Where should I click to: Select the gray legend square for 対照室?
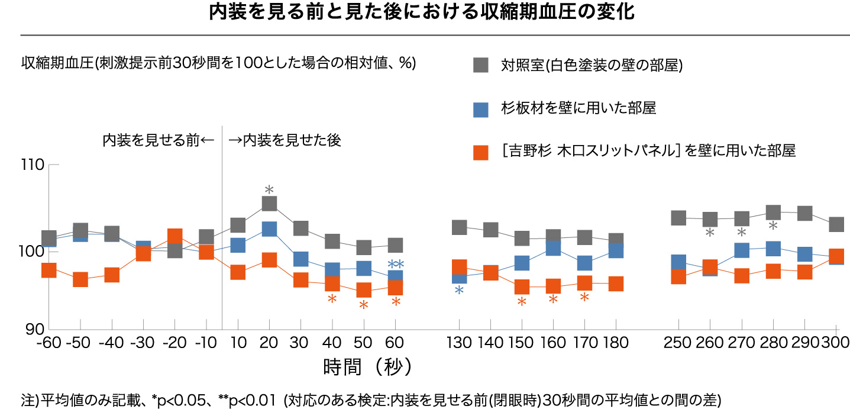click(481, 65)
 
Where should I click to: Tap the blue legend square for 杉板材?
click(481, 109)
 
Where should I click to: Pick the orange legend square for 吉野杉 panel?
click(481, 152)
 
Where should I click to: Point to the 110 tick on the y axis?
click(33, 165)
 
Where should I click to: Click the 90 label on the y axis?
click(35, 329)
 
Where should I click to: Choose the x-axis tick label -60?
click(49, 343)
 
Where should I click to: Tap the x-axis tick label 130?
click(459, 343)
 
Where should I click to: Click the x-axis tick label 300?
click(836, 343)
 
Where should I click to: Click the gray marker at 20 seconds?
click(269, 204)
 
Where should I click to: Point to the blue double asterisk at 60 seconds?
click(395, 264)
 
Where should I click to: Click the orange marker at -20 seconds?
click(175, 236)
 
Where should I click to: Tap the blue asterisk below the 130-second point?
click(459, 291)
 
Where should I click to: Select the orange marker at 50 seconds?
click(364, 290)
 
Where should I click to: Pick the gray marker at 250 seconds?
click(678, 218)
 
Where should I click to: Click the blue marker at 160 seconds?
click(553, 248)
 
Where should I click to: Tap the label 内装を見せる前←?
click(157, 140)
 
